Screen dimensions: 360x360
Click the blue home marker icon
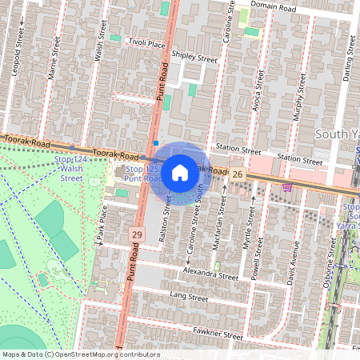[x=180, y=171]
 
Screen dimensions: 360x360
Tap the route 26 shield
[x=238, y=174]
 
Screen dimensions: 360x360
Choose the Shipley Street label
[x=194, y=58]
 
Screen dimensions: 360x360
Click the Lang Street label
[x=189, y=298]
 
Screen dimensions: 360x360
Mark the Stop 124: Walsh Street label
[x=70, y=169]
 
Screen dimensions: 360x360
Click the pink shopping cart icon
[x=287, y=187]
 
